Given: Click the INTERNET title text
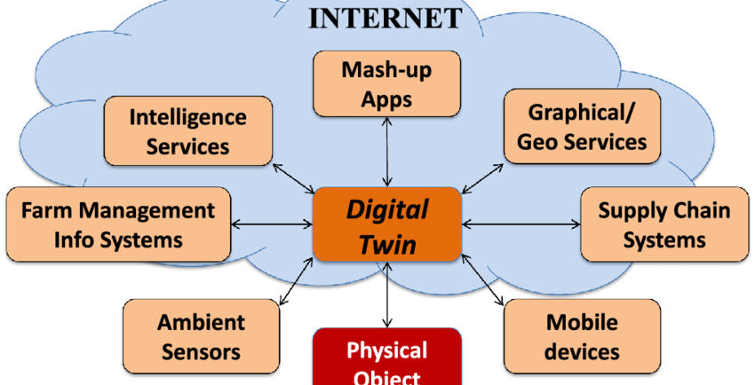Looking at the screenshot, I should click(385, 18).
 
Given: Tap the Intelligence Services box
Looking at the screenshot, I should click(187, 130).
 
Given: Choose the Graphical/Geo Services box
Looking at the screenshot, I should click(582, 126).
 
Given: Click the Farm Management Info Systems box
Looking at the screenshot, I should click(118, 224).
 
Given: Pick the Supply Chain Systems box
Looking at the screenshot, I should click(664, 224).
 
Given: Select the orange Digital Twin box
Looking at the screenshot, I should click(387, 224).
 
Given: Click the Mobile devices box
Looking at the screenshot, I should click(582, 335).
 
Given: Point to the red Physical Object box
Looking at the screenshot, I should click(387, 359).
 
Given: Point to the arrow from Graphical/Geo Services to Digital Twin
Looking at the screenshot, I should click(483, 176).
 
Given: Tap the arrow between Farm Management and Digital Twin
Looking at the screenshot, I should click(272, 224).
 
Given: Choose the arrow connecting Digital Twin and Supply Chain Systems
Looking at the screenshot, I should click(521, 224).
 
